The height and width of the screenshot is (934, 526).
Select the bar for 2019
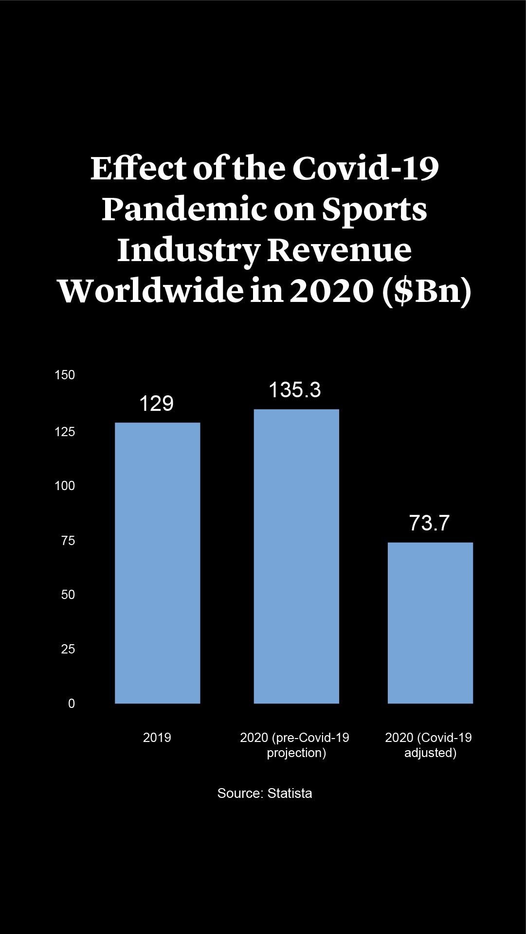tap(157, 563)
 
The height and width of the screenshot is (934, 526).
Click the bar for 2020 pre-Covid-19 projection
tap(296, 556)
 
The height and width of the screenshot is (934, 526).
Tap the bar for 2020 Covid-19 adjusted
tap(430, 622)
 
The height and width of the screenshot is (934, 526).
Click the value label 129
tap(156, 404)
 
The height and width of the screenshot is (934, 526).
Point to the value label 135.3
tap(295, 390)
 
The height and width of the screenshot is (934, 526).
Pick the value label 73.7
tap(429, 523)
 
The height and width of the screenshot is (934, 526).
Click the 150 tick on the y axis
tap(65, 375)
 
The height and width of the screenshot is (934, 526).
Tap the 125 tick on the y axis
tap(65, 432)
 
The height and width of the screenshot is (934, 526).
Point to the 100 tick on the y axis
tap(65, 486)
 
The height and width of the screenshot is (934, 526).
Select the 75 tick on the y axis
tap(68, 541)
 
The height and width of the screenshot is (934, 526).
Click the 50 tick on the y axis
tap(68, 595)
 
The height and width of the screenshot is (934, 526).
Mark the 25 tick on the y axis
tap(68, 649)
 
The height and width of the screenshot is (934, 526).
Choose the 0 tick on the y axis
tap(72, 704)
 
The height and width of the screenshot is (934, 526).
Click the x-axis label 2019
tap(157, 738)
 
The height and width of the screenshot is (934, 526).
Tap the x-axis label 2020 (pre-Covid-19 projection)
tap(295, 745)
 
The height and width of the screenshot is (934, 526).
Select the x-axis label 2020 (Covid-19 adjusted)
tap(429, 745)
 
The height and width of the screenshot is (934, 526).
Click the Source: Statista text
tap(265, 793)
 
